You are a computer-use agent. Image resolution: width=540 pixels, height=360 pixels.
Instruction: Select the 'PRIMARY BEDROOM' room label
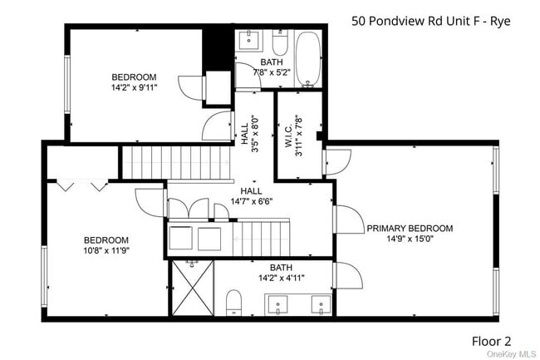[x=410, y=229]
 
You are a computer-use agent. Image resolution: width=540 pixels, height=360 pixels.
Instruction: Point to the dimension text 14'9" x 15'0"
[x=410, y=240]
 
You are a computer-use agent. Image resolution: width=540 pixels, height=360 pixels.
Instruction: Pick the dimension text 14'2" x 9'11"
[x=134, y=86]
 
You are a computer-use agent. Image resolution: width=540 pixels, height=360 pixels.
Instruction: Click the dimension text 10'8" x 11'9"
[x=105, y=249]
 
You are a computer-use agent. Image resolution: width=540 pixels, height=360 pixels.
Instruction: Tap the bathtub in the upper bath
[x=310, y=59]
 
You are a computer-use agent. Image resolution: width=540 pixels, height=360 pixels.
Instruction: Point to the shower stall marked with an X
[x=194, y=288]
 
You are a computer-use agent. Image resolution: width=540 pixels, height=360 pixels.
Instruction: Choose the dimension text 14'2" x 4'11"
[x=281, y=279]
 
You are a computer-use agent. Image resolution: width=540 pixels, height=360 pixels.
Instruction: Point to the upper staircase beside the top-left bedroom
[x=174, y=161]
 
